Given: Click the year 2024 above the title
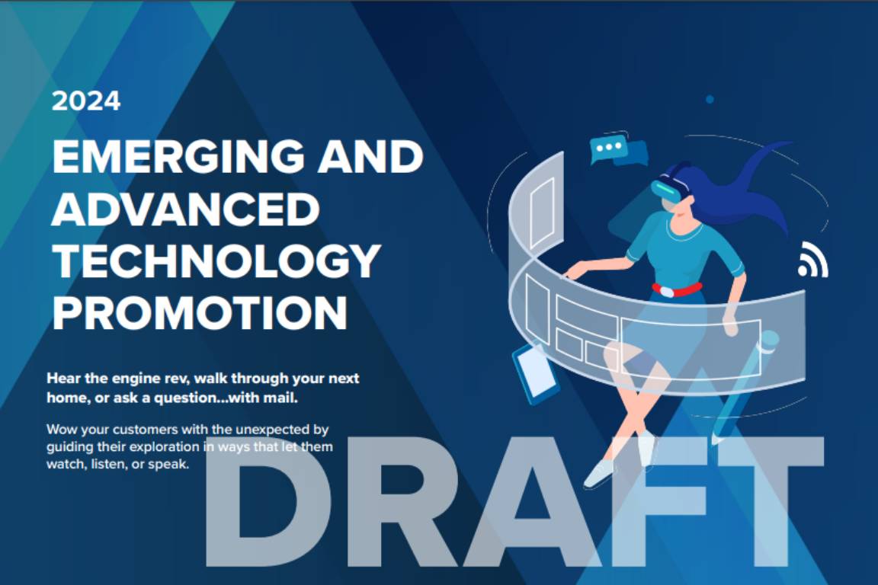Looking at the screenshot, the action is (86, 101).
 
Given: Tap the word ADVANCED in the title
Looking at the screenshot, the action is (185, 209).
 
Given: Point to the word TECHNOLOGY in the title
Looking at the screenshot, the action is (216, 261).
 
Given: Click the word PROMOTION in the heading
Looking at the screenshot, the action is (200, 313).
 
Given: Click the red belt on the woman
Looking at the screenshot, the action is (676, 290).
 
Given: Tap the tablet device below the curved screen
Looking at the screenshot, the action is (535, 372).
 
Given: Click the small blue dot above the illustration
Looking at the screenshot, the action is (710, 100).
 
